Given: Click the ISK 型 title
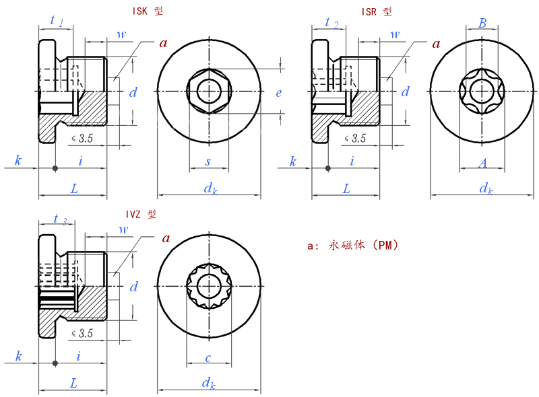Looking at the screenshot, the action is click(x=148, y=11).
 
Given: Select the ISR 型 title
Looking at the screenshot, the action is click(x=377, y=12).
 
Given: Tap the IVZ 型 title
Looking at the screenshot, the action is click(x=141, y=214).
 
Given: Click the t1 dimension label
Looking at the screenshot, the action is click(x=57, y=21).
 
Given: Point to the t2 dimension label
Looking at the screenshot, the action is click(x=331, y=23).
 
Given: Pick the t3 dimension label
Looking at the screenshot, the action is click(x=60, y=219).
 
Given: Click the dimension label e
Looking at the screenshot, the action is click(x=279, y=93).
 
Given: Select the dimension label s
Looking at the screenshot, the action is click(x=208, y=161).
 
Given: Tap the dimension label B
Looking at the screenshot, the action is click(x=482, y=23).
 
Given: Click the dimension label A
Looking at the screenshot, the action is click(x=482, y=163).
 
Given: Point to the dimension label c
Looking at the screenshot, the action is click(x=208, y=358).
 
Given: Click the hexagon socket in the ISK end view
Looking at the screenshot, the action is click(x=209, y=91).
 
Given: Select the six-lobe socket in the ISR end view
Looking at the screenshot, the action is click(x=482, y=91).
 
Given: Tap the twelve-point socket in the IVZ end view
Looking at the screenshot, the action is click(x=209, y=286).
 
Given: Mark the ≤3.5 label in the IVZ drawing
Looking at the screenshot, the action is click(x=82, y=333).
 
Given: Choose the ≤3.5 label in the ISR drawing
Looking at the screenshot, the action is click(x=355, y=139).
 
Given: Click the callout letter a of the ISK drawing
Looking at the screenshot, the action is click(x=164, y=43).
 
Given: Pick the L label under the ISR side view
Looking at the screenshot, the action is click(x=346, y=188).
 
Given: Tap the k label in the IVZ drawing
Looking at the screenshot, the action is click(x=19, y=356).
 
